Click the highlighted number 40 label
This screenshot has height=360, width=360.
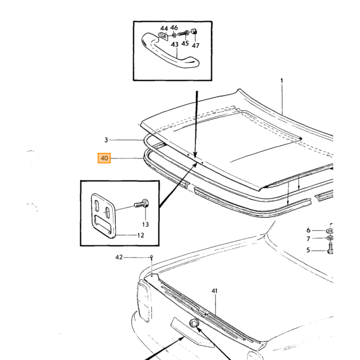(104, 158)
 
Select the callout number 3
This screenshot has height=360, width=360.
(106, 140)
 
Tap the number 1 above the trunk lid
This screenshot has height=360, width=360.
(282, 81)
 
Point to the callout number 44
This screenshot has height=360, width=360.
(164, 28)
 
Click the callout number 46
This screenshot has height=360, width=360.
(174, 28)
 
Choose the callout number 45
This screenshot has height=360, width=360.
(185, 43)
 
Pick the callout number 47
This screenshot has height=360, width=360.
(195, 45)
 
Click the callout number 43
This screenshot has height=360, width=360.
(175, 44)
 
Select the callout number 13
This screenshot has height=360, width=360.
(146, 224)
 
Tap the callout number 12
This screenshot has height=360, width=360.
(140, 235)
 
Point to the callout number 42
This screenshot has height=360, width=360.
(119, 257)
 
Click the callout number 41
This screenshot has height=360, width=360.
(214, 291)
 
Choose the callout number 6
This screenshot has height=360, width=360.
(309, 230)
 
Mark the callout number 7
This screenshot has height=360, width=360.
(309, 239)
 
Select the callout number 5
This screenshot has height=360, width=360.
(309, 250)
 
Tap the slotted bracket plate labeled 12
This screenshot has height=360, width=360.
(103, 216)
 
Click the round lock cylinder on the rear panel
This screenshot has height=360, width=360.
(193, 323)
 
